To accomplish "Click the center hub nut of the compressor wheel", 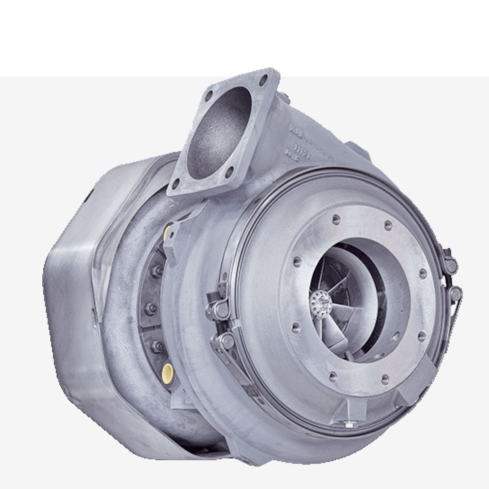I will [x=320, y=298].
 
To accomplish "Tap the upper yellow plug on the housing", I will [x=168, y=232].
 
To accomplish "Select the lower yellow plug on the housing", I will [x=168, y=370].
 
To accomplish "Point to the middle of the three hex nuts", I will [x=151, y=308].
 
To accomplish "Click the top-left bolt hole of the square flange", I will [x=209, y=96].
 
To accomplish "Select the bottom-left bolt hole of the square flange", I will [x=176, y=183].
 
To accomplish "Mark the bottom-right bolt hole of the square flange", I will [x=231, y=171].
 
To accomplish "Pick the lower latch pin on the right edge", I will [x=455, y=294].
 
